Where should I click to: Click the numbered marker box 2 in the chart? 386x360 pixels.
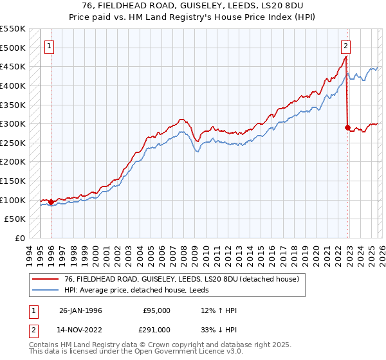(346, 46)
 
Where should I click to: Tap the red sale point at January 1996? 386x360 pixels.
(51, 202)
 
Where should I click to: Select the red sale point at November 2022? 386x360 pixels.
(347, 127)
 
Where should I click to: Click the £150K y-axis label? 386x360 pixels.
(14, 181)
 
